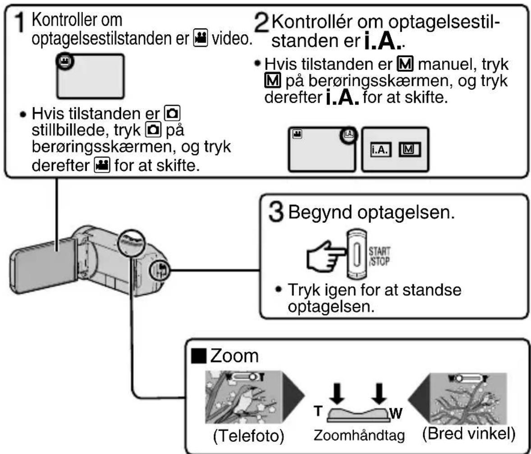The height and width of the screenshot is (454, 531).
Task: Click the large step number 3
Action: tap(276, 212)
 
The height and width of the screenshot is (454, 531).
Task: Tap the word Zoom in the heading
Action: tap(234, 356)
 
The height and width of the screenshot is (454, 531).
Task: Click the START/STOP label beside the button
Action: tap(379, 256)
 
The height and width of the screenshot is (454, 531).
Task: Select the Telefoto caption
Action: tap(248, 436)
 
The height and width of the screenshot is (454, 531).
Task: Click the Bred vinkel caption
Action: tap(469, 433)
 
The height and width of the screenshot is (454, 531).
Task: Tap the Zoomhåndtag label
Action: tap(359, 436)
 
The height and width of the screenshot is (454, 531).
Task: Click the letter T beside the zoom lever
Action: tap(318, 411)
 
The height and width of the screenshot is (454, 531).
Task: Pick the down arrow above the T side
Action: tap(337, 394)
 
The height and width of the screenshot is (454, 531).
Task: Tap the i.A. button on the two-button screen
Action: tap(380, 150)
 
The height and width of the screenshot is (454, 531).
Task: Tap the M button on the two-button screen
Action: tap(409, 149)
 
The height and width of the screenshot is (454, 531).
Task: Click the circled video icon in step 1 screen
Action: tap(64, 61)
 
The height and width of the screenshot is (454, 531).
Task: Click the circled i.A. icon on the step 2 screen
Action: tap(349, 134)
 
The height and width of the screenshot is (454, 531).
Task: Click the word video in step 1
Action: tap(232, 39)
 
